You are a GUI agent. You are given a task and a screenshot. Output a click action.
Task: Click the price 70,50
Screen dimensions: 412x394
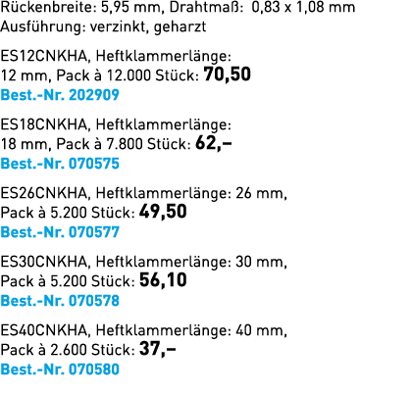pyautogui.click(x=228, y=74)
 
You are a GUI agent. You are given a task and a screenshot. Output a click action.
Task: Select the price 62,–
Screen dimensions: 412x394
pyautogui.click(x=214, y=143)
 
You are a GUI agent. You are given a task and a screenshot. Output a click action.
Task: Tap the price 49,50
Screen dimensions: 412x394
pyautogui.click(x=163, y=212)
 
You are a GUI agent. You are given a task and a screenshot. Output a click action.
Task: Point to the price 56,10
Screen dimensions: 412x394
pyautogui.click(x=163, y=280)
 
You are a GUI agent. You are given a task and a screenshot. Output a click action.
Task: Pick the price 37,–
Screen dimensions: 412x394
pyautogui.click(x=158, y=349)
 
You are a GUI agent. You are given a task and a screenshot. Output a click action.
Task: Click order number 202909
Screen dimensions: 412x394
pyautogui.click(x=94, y=95)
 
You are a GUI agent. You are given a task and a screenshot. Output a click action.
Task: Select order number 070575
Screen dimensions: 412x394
pyautogui.click(x=94, y=164)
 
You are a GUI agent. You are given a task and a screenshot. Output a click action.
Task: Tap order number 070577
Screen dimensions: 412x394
pyautogui.click(x=94, y=232)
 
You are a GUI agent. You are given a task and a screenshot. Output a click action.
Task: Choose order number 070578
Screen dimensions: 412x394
pyautogui.click(x=94, y=301)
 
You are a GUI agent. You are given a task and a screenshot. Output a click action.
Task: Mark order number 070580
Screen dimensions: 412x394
pyautogui.click(x=94, y=369)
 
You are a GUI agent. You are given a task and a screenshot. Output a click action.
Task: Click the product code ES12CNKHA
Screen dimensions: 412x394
pyautogui.click(x=44, y=56)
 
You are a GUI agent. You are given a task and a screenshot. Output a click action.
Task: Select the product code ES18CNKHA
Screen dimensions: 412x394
pyautogui.click(x=44, y=124)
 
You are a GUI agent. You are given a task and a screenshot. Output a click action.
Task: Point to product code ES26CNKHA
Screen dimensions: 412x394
pyautogui.click(x=44, y=193)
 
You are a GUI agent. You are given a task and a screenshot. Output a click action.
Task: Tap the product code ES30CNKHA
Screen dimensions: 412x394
pyautogui.click(x=44, y=262)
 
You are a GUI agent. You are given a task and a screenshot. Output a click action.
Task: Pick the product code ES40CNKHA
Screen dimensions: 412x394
pyautogui.click(x=44, y=330)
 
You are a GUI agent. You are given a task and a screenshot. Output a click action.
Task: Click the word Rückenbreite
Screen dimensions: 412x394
pyautogui.click(x=48, y=7)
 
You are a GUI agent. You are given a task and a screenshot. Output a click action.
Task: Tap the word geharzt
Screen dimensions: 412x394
pyautogui.click(x=180, y=26)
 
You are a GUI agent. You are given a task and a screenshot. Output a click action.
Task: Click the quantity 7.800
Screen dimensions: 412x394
pyautogui.click(x=125, y=144)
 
